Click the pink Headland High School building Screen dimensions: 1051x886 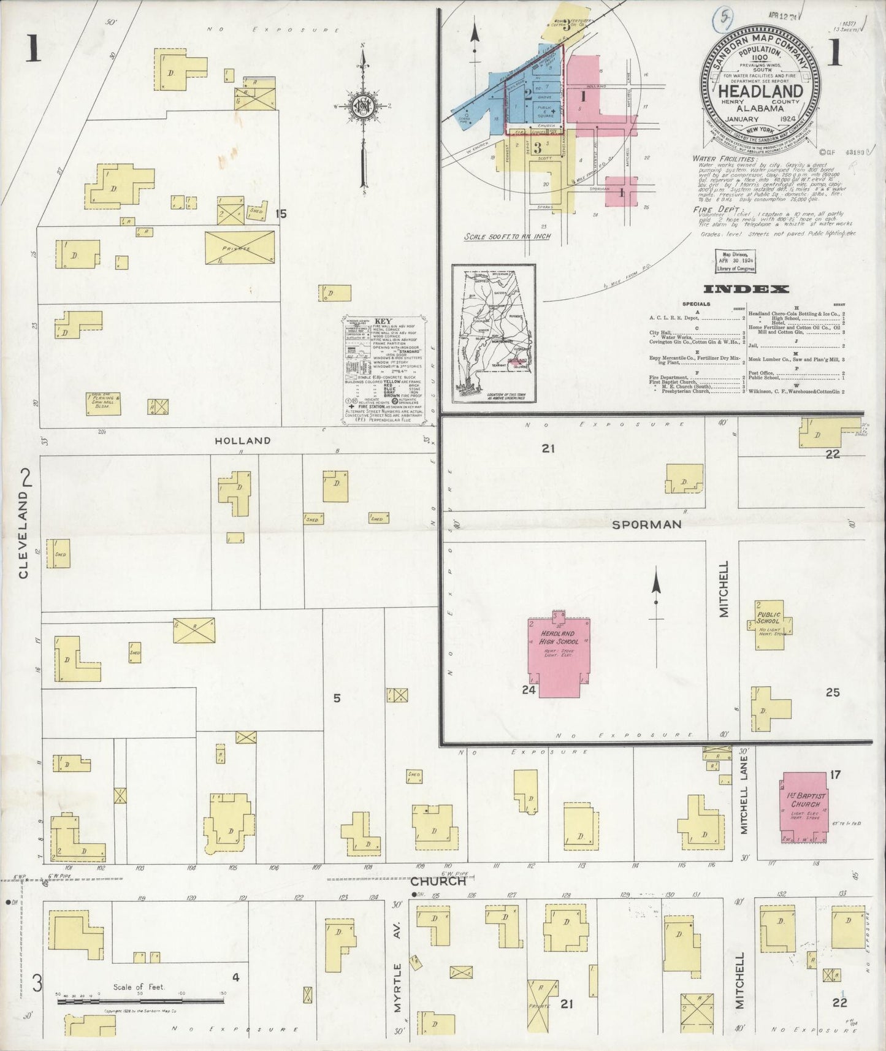pyautogui.click(x=558, y=656)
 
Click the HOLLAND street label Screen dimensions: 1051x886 pyautogui.click(x=242, y=440)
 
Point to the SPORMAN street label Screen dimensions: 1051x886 pyautogui.click(x=647, y=524)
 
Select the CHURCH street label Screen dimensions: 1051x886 pyautogui.click(x=438, y=881)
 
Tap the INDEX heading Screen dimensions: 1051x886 pyautogui.click(x=746, y=289)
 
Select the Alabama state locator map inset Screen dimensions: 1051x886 pyautogui.click(x=494, y=333)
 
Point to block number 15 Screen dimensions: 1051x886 pyautogui.click(x=281, y=213)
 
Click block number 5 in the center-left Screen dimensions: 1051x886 pyautogui.click(x=337, y=697)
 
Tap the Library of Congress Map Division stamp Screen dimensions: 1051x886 pyautogui.click(x=735, y=260)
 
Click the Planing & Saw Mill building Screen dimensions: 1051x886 pyautogui.click(x=103, y=403)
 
